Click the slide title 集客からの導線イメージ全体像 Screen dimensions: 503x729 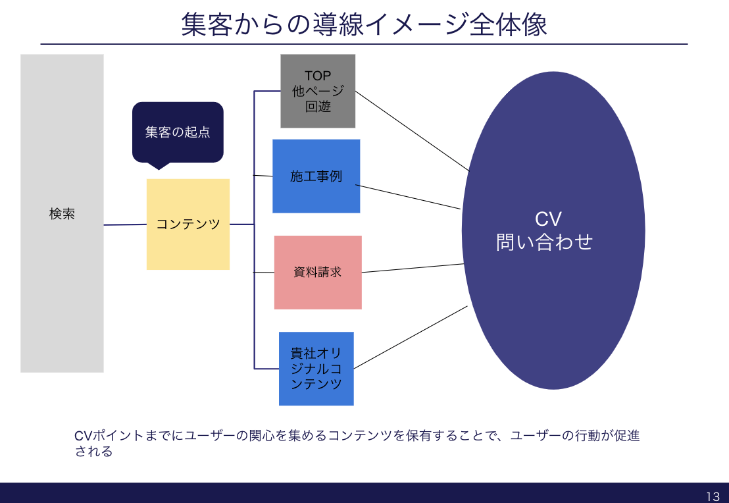[364, 25]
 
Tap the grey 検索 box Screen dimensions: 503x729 [62, 213]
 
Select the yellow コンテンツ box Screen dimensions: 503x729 [188, 225]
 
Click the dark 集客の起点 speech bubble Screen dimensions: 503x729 [178, 132]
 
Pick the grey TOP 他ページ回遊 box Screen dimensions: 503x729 [318, 91]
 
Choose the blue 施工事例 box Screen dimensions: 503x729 [316, 176]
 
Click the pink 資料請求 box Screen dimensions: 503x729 [318, 272]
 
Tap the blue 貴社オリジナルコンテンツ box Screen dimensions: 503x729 [316, 369]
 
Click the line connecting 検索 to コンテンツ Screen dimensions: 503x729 [125, 225]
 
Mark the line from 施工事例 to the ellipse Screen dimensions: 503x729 [408, 197]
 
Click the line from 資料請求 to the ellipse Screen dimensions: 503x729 [413, 268]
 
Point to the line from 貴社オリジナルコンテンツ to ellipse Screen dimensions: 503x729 [411, 337]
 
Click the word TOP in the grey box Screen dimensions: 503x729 [318, 76]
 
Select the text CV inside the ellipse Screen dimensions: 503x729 [547, 219]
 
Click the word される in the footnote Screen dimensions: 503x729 [93, 452]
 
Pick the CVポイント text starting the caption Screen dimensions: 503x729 [99, 436]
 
